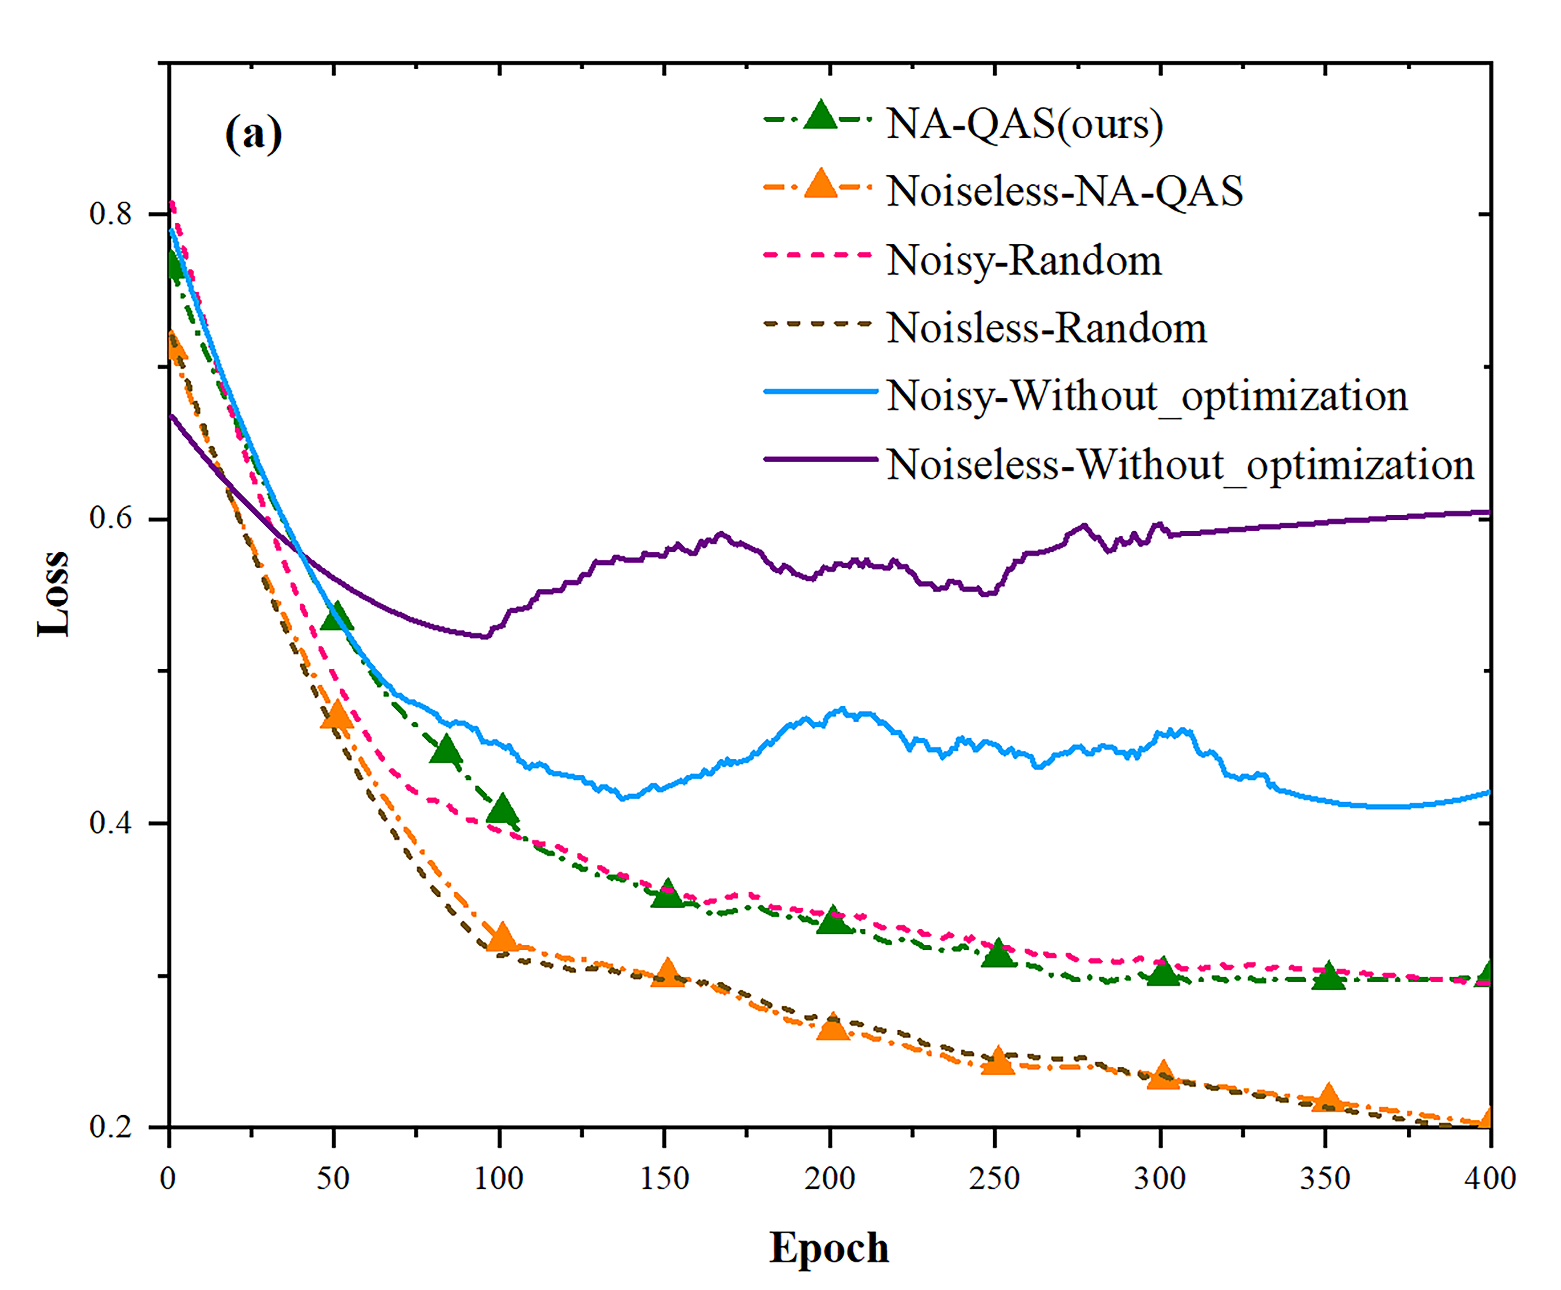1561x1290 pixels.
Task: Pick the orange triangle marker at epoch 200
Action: click(x=832, y=1027)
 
